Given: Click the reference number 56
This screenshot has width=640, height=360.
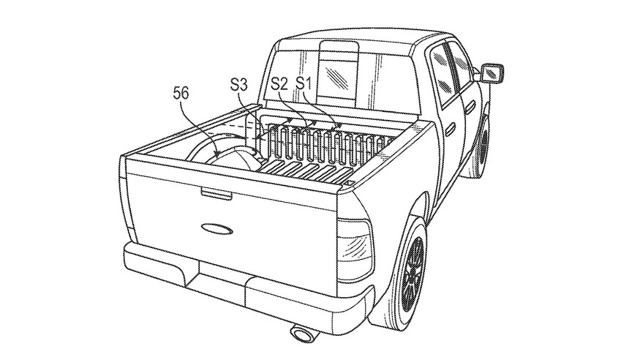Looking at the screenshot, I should pos(184,93).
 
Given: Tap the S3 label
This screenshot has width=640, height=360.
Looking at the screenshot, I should pos(238,86).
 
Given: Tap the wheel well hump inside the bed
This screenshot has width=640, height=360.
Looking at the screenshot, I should pos(233,155).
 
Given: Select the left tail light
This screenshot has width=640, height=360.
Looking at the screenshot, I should pos(126,212).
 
